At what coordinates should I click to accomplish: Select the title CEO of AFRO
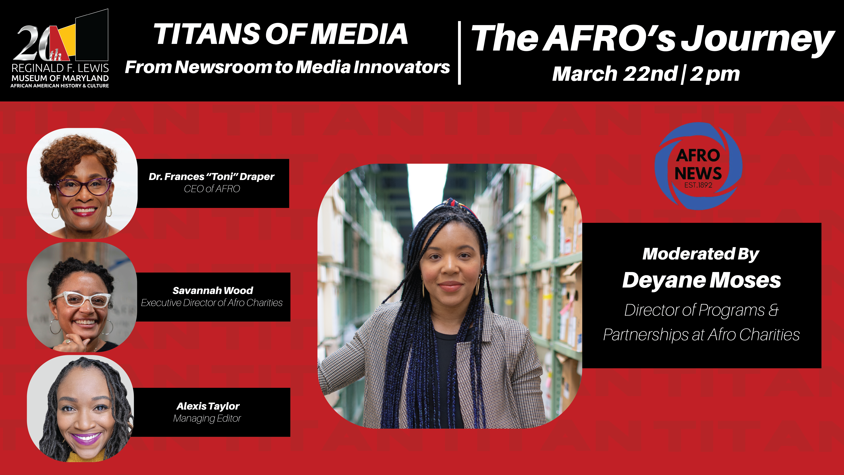[x=212, y=189]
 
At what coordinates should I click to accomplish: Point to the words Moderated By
[x=701, y=254]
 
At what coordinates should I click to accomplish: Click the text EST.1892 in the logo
[x=698, y=185]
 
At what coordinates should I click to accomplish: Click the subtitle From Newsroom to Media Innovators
[x=287, y=67]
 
